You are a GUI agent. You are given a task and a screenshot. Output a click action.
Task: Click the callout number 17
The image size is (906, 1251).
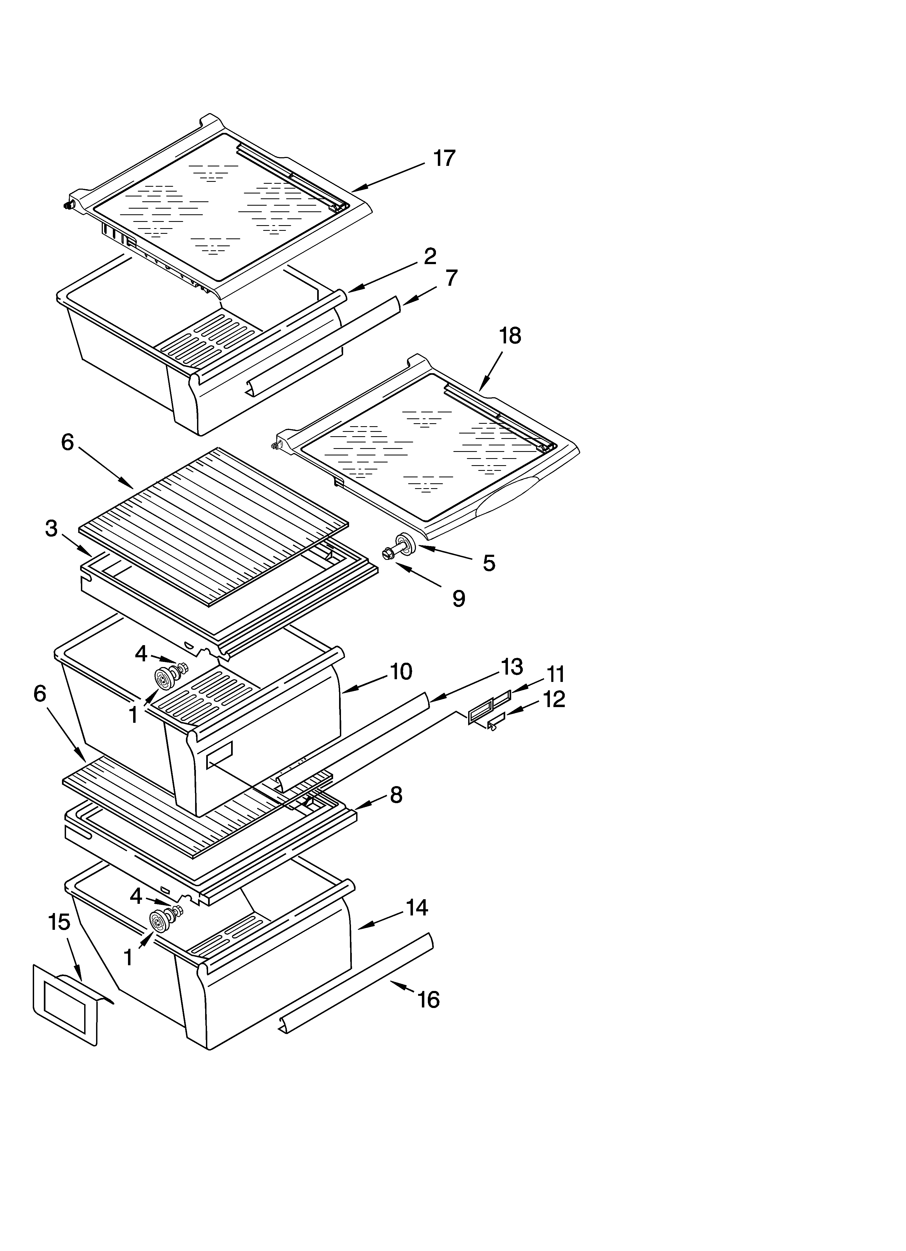click(444, 158)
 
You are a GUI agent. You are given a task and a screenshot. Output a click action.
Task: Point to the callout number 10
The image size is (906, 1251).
click(401, 671)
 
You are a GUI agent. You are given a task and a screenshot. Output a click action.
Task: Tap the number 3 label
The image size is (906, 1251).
click(51, 528)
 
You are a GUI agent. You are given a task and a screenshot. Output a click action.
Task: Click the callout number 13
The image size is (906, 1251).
click(512, 666)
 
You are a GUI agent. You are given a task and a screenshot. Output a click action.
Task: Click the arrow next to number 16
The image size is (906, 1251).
click(402, 987)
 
